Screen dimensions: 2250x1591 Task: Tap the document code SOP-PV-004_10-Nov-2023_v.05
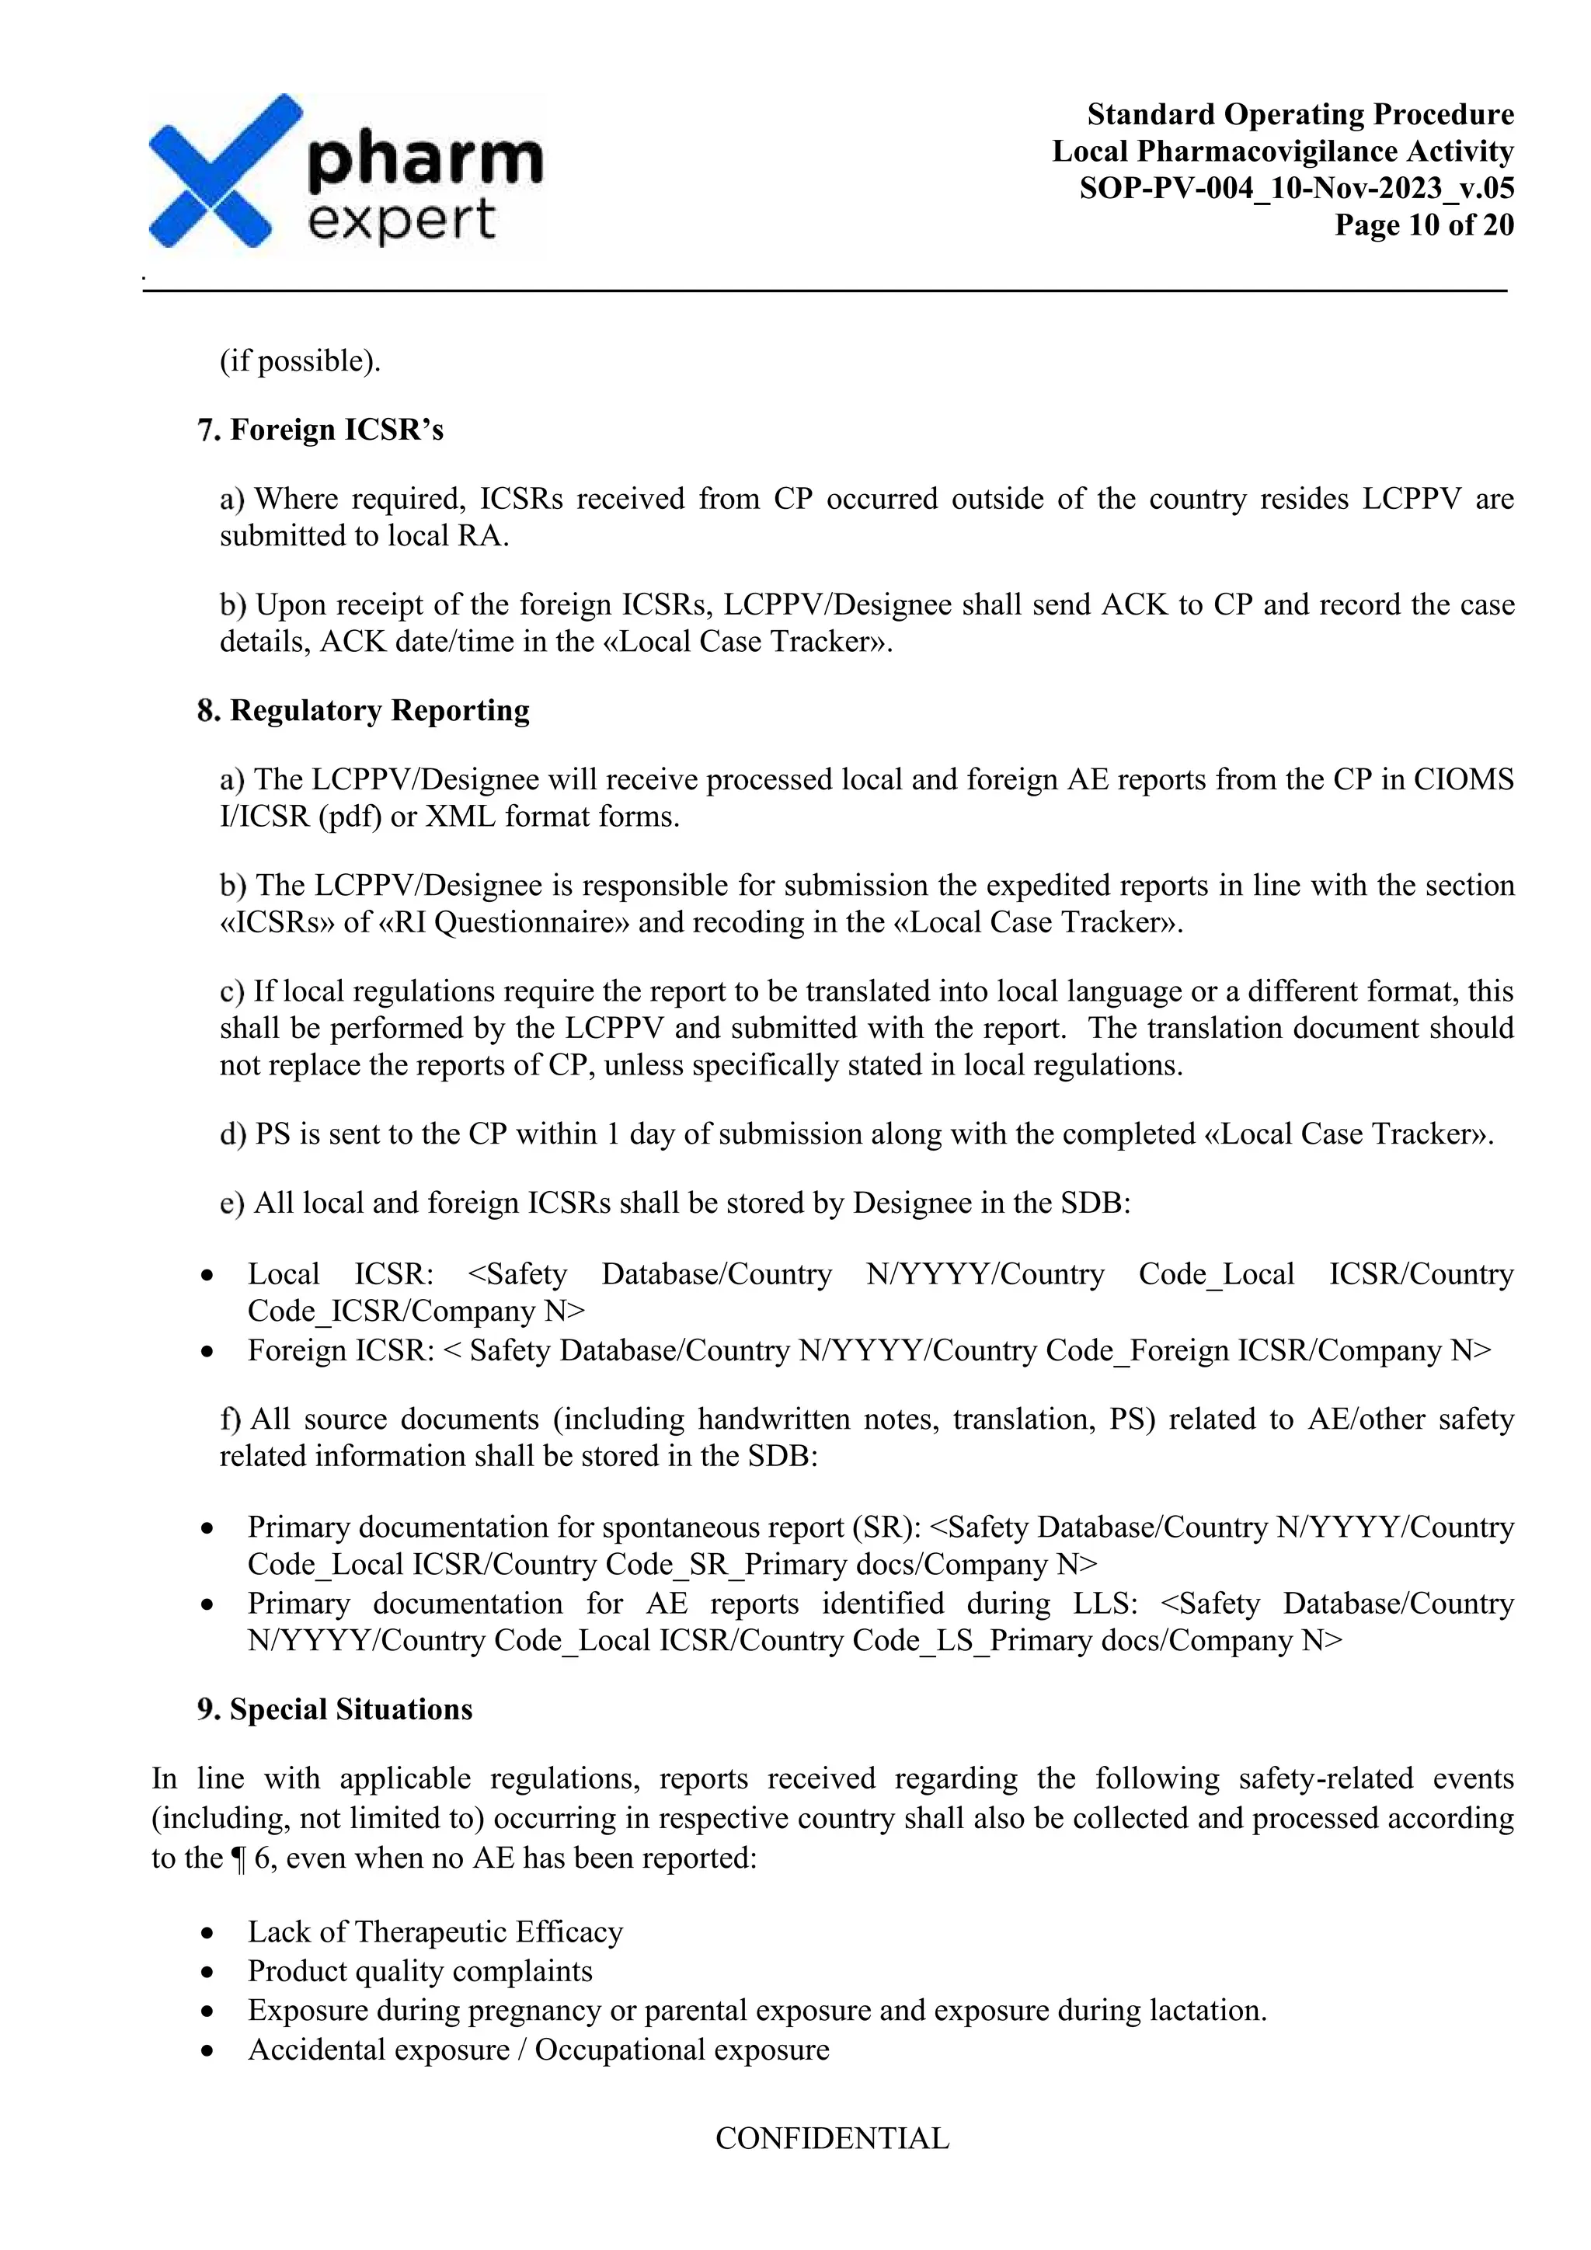tap(1296, 188)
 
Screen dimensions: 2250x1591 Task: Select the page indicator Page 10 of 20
tap(1423, 225)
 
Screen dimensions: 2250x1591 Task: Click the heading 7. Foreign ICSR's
tap(320, 430)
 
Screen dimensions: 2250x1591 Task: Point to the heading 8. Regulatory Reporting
tap(363, 710)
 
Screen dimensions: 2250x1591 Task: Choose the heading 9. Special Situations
tap(334, 1709)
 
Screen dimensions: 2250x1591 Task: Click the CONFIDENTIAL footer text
tap(832, 2138)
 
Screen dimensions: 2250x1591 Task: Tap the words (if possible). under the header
tap(300, 361)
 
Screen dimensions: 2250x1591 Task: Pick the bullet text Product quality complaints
tap(420, 1971)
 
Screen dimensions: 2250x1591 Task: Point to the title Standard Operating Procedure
tap(1300, 115)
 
